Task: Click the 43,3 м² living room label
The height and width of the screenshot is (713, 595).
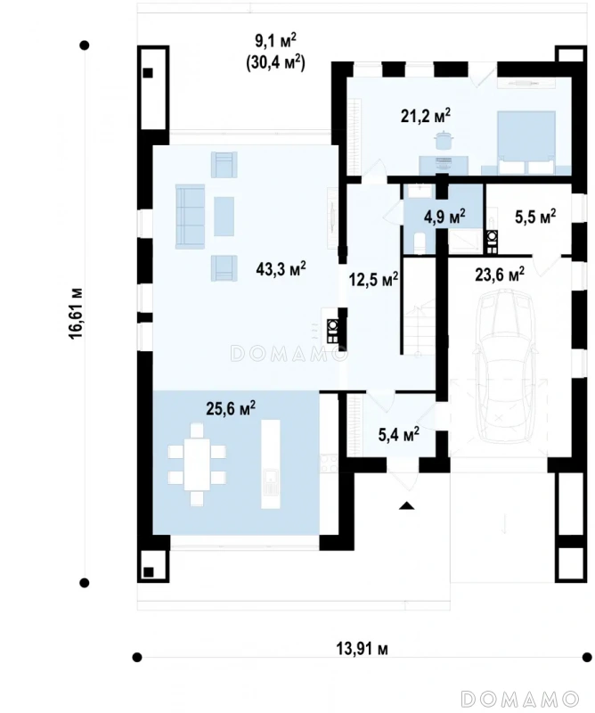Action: pos(281,269)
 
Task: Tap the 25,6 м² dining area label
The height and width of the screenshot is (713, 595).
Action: pos(231,408)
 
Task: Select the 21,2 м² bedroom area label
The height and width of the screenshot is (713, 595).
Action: pos(426,116)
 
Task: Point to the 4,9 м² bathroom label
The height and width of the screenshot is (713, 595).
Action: pos(444,217)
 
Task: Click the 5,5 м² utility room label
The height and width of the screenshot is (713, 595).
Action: pos(535,217)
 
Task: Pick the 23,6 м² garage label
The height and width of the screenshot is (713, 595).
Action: pos(500,275)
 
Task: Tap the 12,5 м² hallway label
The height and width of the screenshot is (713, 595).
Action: pos(373,279)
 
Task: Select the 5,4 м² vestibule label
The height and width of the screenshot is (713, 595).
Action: pos(399,434)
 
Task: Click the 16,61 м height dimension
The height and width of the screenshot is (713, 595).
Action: pos(77,314)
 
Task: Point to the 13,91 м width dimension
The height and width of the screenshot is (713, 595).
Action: pos(363,649)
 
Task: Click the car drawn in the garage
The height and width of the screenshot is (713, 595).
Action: pos(503,366)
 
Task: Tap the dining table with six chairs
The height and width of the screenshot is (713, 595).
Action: pos(197,464)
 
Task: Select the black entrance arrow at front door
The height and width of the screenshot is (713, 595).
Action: pos(407,505)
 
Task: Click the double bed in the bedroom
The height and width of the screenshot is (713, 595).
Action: pos(526,143)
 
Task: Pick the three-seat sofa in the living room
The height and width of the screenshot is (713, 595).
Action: pos(191,216)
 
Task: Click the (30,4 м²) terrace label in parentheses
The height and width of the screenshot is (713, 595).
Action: pos(275,62)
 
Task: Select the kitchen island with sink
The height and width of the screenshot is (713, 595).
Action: pos(270,463)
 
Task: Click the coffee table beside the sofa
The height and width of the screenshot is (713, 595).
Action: pos(224,216)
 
